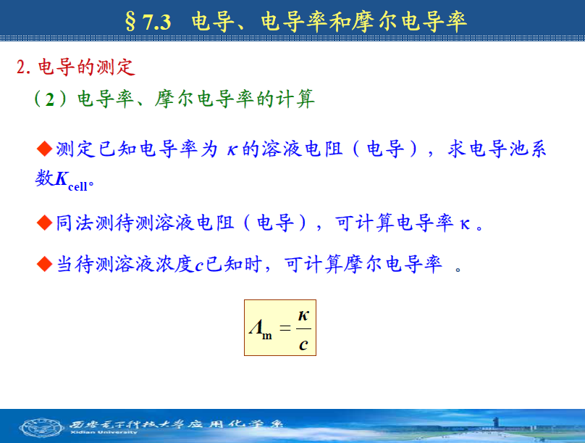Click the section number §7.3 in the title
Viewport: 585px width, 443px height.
(x=148, y=21)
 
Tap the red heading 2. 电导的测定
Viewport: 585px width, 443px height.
(x=76, y=67)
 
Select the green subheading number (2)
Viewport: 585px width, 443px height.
(x=50, y=99)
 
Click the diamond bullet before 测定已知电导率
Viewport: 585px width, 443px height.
(x=44, y=149)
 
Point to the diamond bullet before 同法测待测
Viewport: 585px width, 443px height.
(x=44, y=223)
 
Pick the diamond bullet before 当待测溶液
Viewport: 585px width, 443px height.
(x=44, y=264)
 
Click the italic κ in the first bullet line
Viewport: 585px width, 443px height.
(x=232, y=150)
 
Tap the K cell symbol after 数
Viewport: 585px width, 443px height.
(x=71, y=180)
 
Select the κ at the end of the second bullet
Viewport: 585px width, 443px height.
(x=465, y=225)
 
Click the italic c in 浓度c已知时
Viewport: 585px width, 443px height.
(x=199, y=266)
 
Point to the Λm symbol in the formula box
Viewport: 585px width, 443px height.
(x=261, y=329)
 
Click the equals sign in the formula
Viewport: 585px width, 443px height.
(x=285, y=328)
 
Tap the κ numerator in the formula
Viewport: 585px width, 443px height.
(x=303, y=316)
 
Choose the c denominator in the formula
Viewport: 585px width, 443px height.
(x=303, y=344)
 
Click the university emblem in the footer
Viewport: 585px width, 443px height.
(x=41, y=427)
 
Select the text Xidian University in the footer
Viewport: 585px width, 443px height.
(x=104, y=433)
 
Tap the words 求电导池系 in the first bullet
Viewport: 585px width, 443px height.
(x=497, y=149)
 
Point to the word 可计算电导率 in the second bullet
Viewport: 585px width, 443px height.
(x=394, y=223)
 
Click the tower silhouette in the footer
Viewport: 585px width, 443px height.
(x=496, y=423)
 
